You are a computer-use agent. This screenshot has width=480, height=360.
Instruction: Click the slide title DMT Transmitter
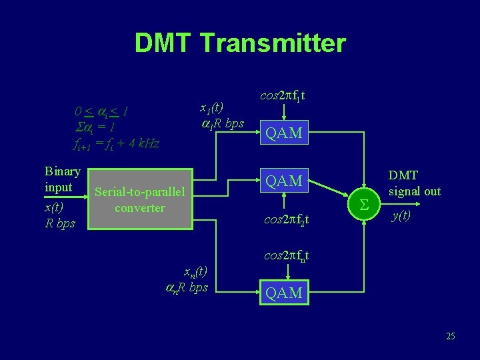tap(240, 43)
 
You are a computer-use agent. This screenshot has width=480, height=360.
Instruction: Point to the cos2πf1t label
tap(285, 97)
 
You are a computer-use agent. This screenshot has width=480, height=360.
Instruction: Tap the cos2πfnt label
tap(287, 255)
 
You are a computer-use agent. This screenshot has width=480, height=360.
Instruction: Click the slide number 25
tap(450, 336)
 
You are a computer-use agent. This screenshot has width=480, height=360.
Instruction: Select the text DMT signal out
tap(414, 183)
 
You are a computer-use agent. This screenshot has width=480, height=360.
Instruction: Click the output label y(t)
tap(401, 215)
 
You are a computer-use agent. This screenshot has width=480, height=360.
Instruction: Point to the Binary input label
tap(62, 179)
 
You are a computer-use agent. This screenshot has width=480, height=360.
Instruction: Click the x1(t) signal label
tap(213, 107)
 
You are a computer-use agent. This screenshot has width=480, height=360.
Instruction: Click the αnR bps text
tap(187, 287)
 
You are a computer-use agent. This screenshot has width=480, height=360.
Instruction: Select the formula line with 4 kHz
tap(115, 142)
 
